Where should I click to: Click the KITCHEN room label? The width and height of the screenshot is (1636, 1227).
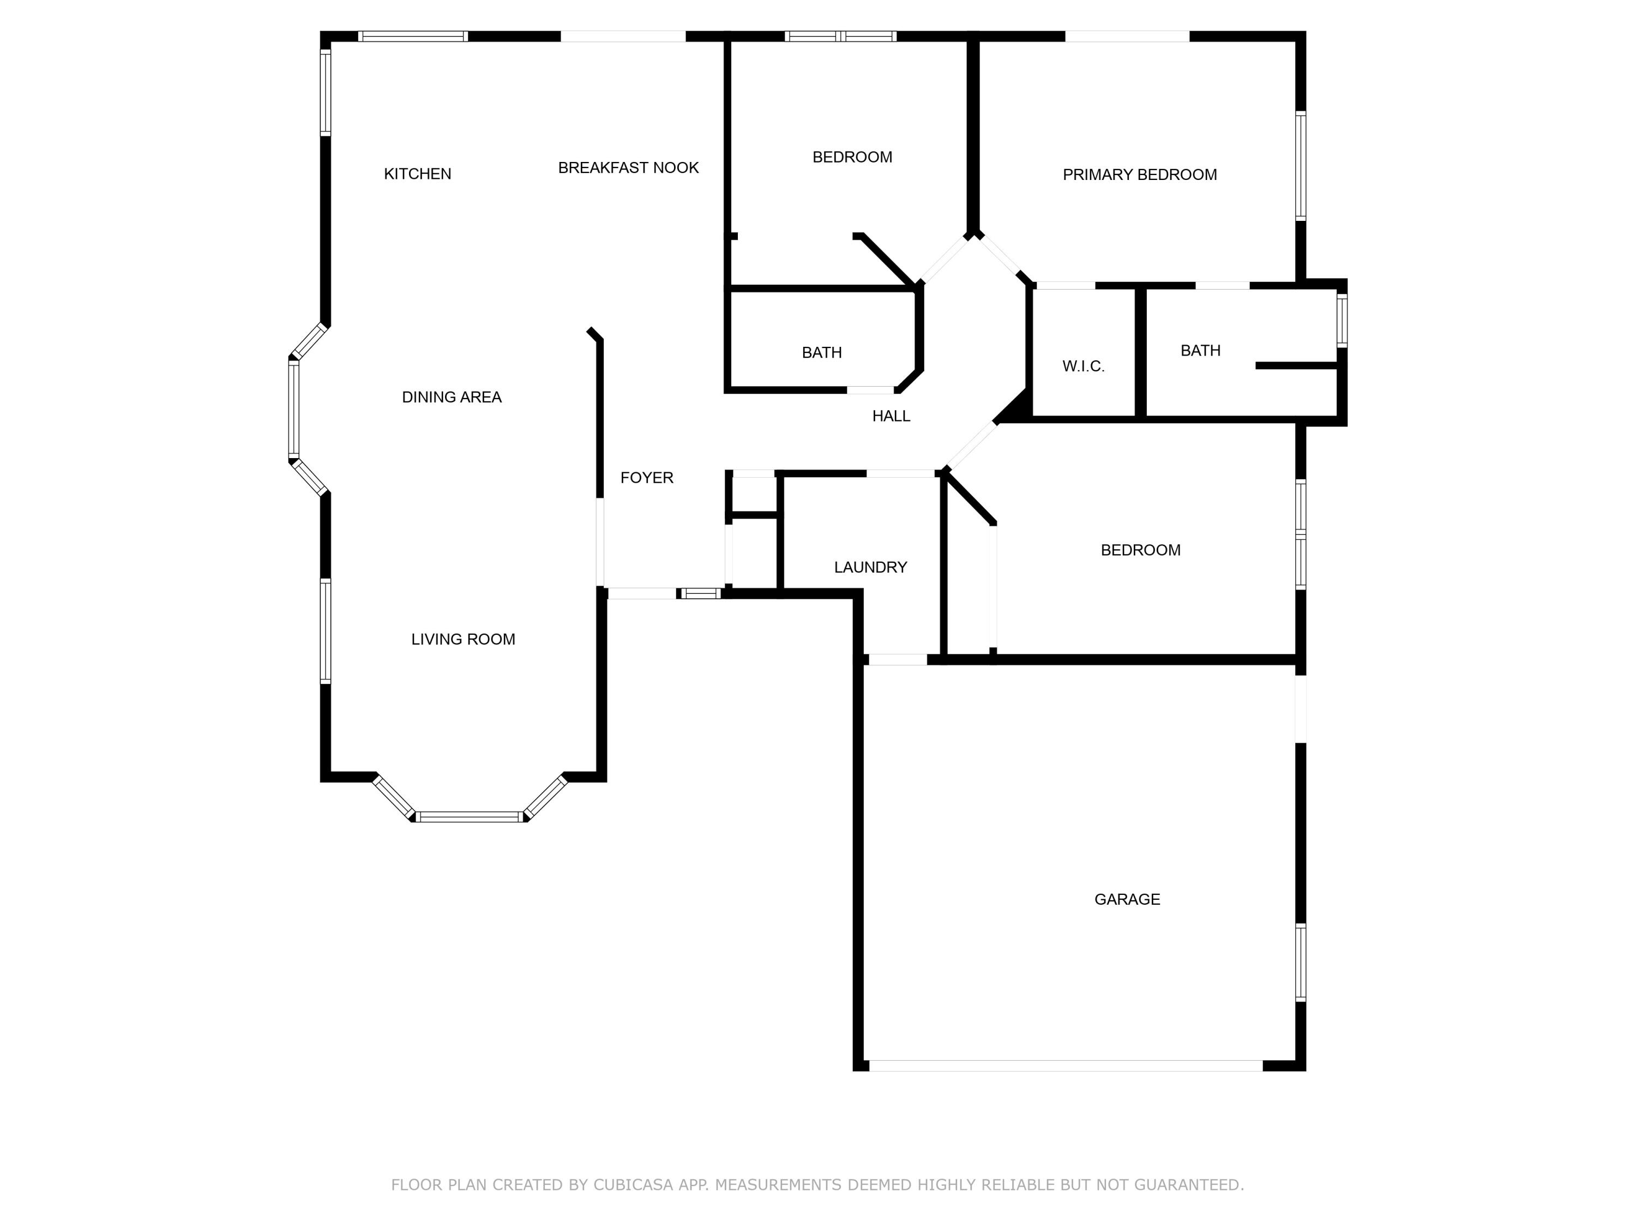(x=417, y=174)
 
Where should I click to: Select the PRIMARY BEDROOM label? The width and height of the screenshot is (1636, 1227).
(x=1139, y=175)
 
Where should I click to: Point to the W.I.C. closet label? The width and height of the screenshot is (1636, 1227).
(x=1083, y=366)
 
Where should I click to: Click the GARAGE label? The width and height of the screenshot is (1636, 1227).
(x=1127, y=899)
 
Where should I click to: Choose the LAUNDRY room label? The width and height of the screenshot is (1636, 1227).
(x=870, y=567)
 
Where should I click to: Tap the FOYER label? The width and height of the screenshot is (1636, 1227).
(x=646, y=478)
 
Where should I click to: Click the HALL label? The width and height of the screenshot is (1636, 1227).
(x=891, y=417)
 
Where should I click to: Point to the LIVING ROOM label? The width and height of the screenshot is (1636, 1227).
(x=463, y=639)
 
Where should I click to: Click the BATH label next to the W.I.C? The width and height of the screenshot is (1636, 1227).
(x=1200, y=351)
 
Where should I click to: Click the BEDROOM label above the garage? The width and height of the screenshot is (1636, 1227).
(x=1140, y=550)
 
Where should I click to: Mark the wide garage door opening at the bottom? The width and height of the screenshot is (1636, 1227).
(x=1065, y=1066)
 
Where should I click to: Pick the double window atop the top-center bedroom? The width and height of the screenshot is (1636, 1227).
(x=840, y=35)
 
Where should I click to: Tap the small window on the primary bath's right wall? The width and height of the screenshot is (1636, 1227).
(x=1342, y=320)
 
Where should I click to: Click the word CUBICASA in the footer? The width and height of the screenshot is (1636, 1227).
(x=633, y=1185)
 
